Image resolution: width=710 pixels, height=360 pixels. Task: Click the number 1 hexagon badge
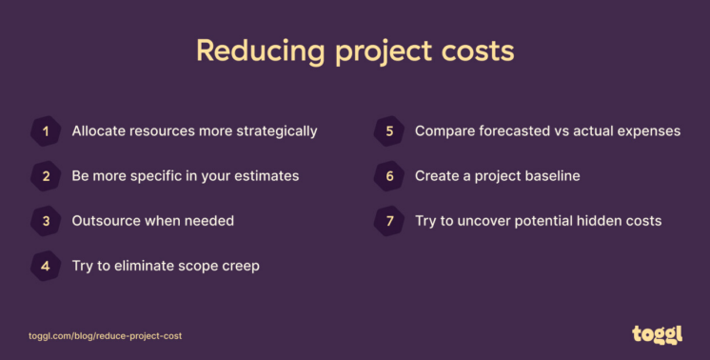[x=46, y=131]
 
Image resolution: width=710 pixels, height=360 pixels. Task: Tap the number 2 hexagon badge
[x=46, y=176]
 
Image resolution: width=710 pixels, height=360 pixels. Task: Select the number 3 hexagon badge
[x=46, y=221]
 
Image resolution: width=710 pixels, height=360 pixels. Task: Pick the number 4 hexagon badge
[x=46, y=266]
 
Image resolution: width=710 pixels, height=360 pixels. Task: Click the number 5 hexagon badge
[x=389, y=131]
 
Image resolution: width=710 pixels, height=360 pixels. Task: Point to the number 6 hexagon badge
[x=389, y=176]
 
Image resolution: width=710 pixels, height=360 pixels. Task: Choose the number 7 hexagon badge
[x=389, y=221]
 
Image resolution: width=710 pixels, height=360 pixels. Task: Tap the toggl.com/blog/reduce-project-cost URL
[x=105, y=336]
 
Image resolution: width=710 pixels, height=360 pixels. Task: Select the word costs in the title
[x=480, y=50]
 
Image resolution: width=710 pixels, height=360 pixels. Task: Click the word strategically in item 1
[x=276, y=131]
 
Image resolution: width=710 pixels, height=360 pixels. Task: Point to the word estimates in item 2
[x=266, y=176]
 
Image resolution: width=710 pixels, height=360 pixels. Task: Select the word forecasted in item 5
[x=515, y=131]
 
